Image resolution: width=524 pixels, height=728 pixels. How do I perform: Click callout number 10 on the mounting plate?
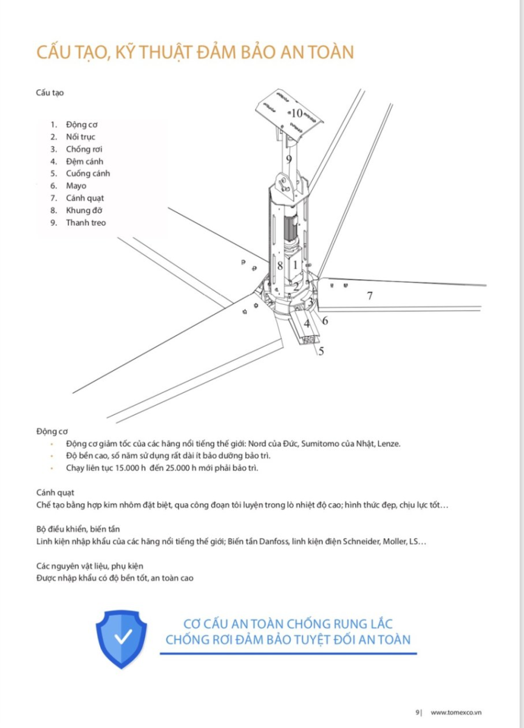click(296, 113)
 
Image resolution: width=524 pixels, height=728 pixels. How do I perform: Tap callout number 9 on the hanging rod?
click(289, 160)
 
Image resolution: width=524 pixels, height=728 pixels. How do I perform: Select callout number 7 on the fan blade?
click(369, 296)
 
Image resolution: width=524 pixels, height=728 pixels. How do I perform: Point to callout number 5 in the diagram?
click(321, 351)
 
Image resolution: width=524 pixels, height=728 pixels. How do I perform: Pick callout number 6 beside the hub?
click(325, 320)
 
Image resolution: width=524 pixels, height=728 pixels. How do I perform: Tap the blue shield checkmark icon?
click(122, 638)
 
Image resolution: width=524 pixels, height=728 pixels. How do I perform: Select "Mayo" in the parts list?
click(77, 186)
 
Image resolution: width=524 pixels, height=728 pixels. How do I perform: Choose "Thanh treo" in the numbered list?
click(86, 223)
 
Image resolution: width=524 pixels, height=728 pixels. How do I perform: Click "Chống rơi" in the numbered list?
click(83, 149)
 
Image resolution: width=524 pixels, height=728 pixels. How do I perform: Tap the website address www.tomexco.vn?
click(456, 712)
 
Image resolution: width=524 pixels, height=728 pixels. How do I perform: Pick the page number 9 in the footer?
click(417, 712)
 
